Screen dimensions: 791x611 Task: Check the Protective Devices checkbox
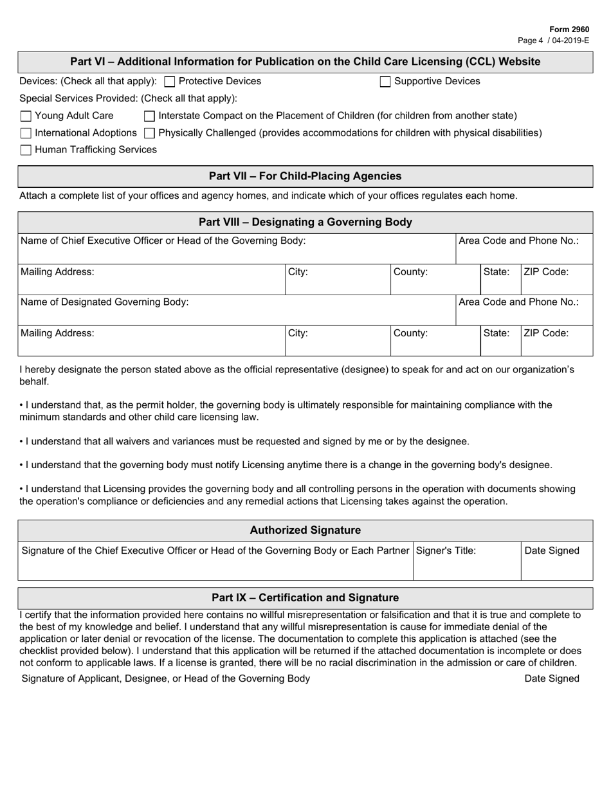[170, 82]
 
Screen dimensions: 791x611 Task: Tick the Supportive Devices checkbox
[385, 82]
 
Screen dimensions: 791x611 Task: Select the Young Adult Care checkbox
[26, 116]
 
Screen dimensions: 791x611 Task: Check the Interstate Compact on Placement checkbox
[149, 116]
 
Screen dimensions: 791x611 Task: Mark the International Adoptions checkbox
[26, 133]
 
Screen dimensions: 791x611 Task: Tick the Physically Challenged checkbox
[149, 133]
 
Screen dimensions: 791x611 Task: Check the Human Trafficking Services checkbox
[26, 150]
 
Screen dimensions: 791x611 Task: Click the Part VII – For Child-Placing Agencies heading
[305, 176]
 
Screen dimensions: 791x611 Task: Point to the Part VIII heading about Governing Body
[305, 223]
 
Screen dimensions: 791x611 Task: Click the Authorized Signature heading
[305, 531]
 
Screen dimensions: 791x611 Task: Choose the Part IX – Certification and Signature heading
[305, 598]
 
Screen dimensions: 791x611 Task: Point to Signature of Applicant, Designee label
[165, 678]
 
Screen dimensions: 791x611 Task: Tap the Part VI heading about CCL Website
[305, 62]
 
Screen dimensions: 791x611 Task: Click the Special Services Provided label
[128, 98]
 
